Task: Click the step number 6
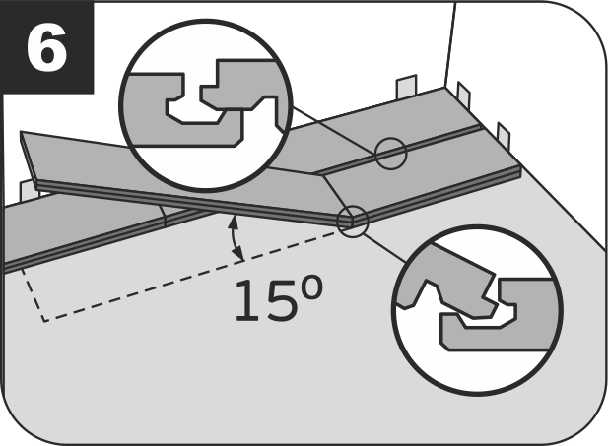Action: tap(47, 47)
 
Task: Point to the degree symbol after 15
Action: tap(311, 287)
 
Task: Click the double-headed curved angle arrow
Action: tap(235, 237)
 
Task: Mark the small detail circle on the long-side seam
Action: tap(391, 153)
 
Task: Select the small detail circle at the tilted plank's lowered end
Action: tap(352, 222)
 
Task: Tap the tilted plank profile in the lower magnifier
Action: tap(446, 280)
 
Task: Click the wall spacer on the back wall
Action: tap(406, 87)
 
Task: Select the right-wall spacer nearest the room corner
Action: tap(464, 96)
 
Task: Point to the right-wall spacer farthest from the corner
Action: tap(504, 135)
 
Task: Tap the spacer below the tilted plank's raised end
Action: tap(28, 190)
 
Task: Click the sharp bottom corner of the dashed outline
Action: tap(44, 321)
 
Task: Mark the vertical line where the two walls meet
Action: tap(450, 45)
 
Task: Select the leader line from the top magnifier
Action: tap(334, 130)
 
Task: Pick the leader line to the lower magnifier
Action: tap(385, 248)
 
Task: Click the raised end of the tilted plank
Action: tap(28, 159)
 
